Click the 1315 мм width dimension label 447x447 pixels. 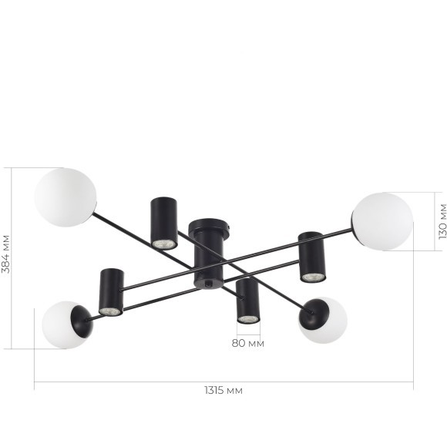coord(223,390)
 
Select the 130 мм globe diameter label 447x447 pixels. coord(442,221)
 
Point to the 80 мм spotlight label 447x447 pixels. coord(247,343)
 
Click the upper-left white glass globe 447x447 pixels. coord(66,197)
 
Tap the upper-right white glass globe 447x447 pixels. coord(382,221)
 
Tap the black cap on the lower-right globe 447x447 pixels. coord(314,314)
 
